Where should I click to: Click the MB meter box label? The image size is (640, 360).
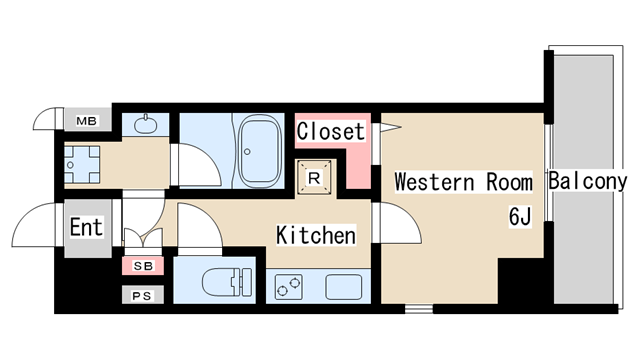click(87, 121)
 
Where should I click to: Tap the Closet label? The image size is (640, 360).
click(331, 131)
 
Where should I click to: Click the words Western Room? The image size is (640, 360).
click(464, 182)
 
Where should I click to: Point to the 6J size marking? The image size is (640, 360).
click(520, 216)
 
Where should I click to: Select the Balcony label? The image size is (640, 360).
click(587, 181)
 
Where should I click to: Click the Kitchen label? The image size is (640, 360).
click(316, 235)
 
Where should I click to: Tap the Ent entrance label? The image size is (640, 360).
click(86, 227)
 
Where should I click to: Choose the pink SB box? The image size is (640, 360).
click(143, 266)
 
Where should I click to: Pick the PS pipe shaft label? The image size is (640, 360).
click(142, 296)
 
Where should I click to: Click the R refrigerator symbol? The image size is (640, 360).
click(314, 178)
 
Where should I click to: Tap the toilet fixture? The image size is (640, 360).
click(227, 281)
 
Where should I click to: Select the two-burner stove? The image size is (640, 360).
click(289, 287)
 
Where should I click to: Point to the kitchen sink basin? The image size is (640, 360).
click(344, 287)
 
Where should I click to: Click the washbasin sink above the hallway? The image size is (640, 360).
click(145, 125)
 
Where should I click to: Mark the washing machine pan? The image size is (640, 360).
click(82, 165)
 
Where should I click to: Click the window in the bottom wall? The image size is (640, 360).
click(419, 309)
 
